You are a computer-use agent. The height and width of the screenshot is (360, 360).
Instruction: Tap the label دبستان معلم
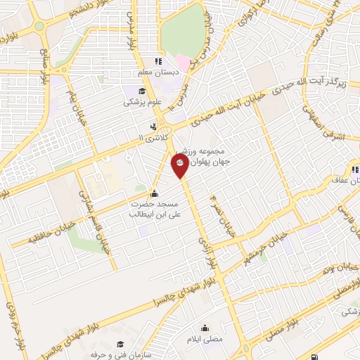pyautogui.click(x=158, y=72)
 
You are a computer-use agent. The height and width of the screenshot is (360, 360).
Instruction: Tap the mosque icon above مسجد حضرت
pyautogui.click(x=155, y=195)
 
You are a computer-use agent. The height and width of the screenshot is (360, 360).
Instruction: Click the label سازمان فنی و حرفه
pyautogui.click(x=122, y=354)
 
